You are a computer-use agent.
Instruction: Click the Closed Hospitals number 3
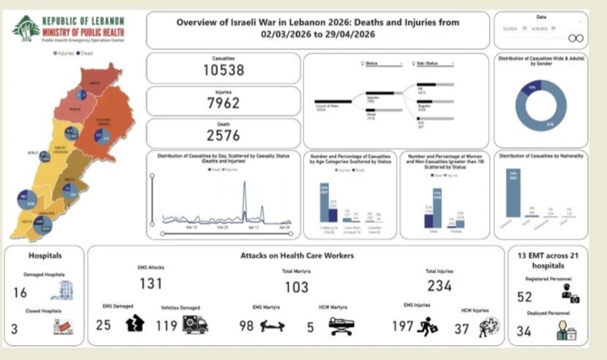pos(15,328)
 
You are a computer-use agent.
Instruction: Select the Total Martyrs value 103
pos(296,287)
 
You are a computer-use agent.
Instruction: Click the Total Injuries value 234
pos(439,285)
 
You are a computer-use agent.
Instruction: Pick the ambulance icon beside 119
pos(194,324)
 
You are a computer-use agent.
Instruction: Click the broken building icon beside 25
pos(135,324)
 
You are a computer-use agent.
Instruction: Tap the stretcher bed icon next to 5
pos(341,325)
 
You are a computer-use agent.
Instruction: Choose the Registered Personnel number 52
pos(524,297)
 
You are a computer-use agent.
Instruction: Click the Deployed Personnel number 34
pos(524,331)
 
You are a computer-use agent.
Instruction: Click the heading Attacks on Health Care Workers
pos(297,255)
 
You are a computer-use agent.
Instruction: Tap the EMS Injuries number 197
pos(403,326)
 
